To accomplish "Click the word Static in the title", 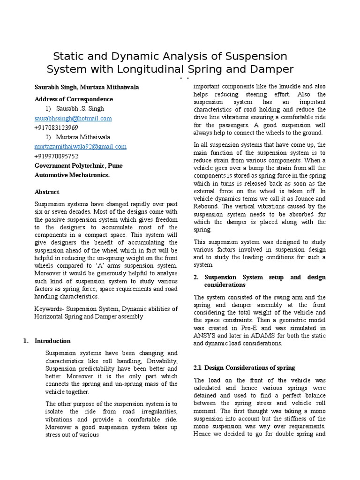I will click(70, 56).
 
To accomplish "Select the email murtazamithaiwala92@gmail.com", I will click(80, 147).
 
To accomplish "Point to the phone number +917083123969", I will click(56, 128).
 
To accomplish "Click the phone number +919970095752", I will click(56, 156).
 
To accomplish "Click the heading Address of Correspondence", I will click(74, 99).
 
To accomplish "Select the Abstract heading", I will click(47, 192).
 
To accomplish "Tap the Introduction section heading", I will click(52, 341).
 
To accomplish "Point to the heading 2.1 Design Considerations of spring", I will click(244, 367).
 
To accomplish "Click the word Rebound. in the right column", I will click(206, 207).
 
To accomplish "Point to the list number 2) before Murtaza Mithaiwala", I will click(49, 137).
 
